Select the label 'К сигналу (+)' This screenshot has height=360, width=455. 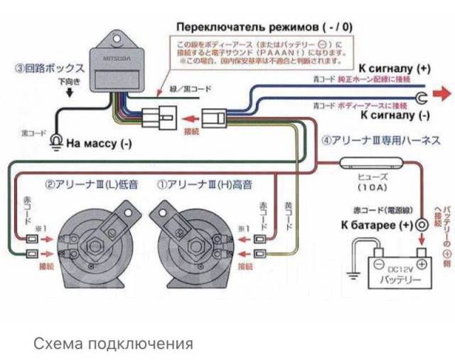pos(395,69)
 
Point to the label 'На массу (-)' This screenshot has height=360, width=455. pos(99,142)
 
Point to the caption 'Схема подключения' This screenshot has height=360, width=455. pos(113,344)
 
